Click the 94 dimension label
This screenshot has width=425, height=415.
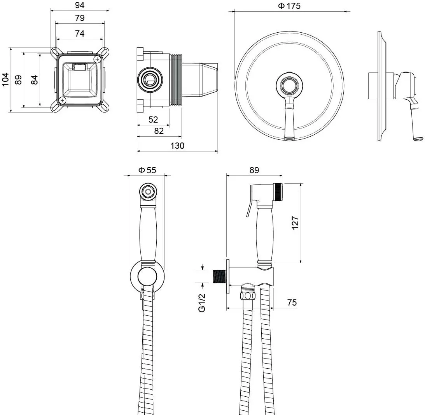(x=80, y=5)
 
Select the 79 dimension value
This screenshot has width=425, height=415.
(x=80, y=18)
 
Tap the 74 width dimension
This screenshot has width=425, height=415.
(x=80, y=33)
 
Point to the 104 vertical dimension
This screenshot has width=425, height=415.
(x=5, y=79)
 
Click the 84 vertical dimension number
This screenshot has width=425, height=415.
(x=35, y=80)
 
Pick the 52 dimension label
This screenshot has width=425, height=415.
(x=153, y=120)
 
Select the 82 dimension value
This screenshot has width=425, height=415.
(x=159, y=131)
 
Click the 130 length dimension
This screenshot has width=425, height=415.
(x=177, y=146)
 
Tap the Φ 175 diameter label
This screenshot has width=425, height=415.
(x=289, y=6)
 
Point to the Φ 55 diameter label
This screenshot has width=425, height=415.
(x=147, y=170)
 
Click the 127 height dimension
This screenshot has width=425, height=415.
(x=295, y=223)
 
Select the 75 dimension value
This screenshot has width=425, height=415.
(x=292, y=302)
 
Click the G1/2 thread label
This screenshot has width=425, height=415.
(x=202, y=303)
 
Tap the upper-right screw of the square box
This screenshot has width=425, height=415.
(x=97, y=59)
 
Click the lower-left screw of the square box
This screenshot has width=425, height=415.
(x=63, y=100)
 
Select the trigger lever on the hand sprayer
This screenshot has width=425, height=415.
(x=249, y=207)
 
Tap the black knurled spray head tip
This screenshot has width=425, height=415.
(x=278, y=192)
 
